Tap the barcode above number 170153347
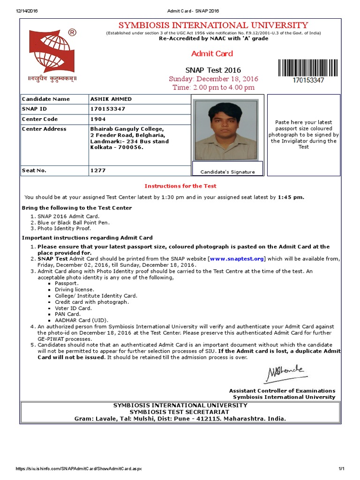(x=308, y=68)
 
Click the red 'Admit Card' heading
(x=212, y=53)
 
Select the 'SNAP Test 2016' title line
(x=213, y=70)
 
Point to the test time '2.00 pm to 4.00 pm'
(x=213, y=87)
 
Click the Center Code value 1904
(x=98, y=119)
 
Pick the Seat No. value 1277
(x=98, y=171)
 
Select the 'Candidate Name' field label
(x=45, y=99)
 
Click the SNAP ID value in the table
(x=108, y=109)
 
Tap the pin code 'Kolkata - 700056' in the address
(x=117, y=147)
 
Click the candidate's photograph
(x=226, y=129)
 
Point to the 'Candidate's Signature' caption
(x=228, y=172)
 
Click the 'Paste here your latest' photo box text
(x=303, y=122)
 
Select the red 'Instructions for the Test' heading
(x=180, y=186)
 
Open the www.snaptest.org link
(x=237, y=259)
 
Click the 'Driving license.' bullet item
(x=74, y=290)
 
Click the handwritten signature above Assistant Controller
(x=285, y=374)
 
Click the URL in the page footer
(x=79, y=469)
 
